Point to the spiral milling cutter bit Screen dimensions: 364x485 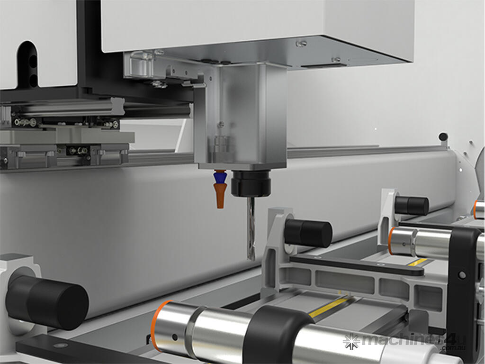[x=251, y=227]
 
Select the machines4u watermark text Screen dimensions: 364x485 [x=407, y=341]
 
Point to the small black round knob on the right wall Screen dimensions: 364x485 [x=443, y=137]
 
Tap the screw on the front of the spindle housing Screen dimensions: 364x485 [x=221, y=125]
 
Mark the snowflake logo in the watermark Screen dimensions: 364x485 [x=351, y=340]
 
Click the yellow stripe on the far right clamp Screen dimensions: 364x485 [x=418, y=262]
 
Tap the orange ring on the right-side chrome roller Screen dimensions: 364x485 [x=391, y=241]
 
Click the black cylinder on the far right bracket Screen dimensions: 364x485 [x=412, y=205]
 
